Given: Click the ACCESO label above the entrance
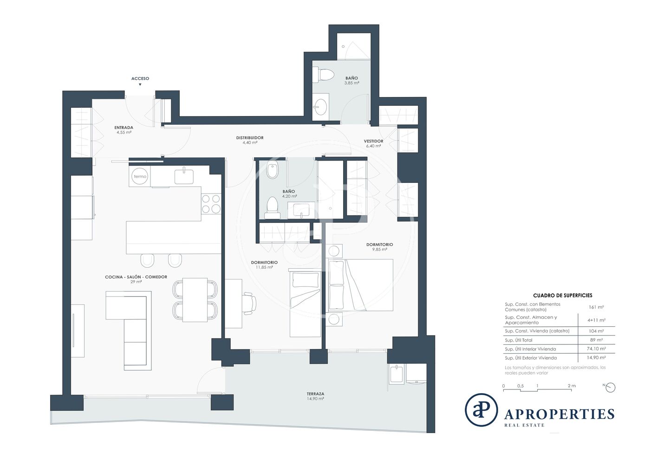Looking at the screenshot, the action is (x=140, y=78).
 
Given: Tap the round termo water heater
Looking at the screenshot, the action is (x=140, y=176).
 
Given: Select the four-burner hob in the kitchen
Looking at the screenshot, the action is (x=211, y=204).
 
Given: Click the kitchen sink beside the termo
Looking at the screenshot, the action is (x=184, y=176).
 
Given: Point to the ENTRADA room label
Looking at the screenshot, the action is (x=123, y=127).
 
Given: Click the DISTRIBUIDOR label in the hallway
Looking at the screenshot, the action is (x=250, y=138).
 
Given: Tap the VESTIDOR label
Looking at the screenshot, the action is (x=373, y=141).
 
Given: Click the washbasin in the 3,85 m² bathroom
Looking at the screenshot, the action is (x=321, y=107).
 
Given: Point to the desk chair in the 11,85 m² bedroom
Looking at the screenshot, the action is (x=249, y=304).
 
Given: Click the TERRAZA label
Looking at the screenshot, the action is (x=315, y=394).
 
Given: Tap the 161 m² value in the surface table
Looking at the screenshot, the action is (x=596, y=307).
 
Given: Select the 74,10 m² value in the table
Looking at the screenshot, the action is (x=596, y=349).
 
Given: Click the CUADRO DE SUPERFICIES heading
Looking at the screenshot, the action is (x=563, y=295).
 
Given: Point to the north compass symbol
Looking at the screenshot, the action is (x=610, y=388).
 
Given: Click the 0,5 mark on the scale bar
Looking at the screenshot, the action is (x=520, y=386).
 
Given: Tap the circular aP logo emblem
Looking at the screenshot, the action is (x=481, y=410).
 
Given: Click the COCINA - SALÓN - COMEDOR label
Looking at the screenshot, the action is (x=136, y=277).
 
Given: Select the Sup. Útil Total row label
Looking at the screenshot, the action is (x=519, y=340).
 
